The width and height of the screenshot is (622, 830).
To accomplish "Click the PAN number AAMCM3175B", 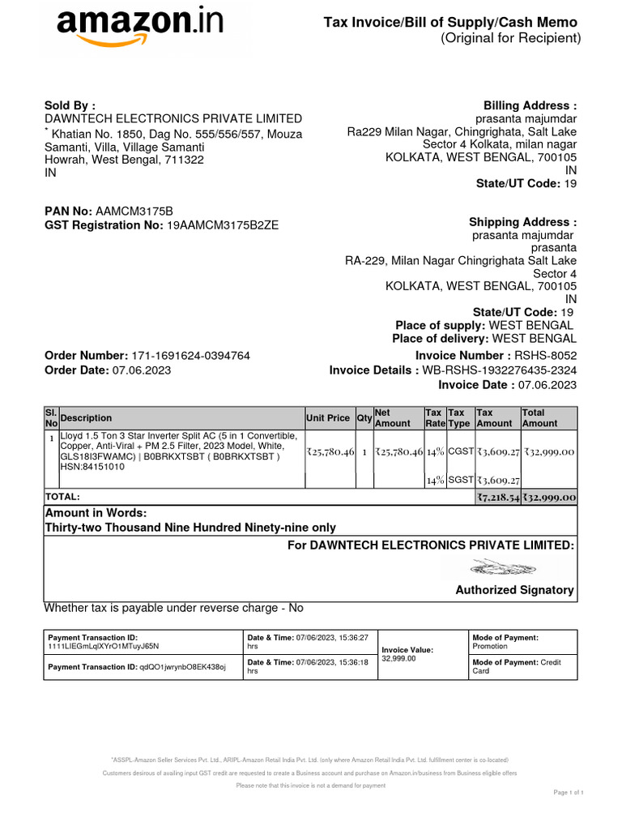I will [134, 211].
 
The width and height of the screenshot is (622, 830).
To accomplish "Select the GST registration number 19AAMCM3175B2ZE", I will [222, 225].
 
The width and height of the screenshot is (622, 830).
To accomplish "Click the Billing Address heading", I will [530, 105].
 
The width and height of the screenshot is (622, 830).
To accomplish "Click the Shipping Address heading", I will [522, 222].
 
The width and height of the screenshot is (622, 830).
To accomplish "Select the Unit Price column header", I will [328, 418].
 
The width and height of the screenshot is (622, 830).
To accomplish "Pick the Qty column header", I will [364, 418].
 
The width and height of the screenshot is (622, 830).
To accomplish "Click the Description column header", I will [87, 418].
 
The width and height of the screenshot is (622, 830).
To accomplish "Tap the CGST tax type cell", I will [460, 451].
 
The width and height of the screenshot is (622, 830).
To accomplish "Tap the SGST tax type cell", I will [460, 480].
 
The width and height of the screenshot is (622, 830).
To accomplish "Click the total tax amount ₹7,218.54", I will [497, 497].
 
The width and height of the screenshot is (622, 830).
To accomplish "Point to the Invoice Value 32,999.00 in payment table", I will [398, 659].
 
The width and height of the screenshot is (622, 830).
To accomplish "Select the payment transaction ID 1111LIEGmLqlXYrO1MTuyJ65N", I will [104, 647].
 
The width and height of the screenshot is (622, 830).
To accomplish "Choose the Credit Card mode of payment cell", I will [522, 666].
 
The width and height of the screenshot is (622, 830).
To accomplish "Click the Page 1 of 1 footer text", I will [568, 792].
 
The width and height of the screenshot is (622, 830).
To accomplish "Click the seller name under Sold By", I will [173, 118].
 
